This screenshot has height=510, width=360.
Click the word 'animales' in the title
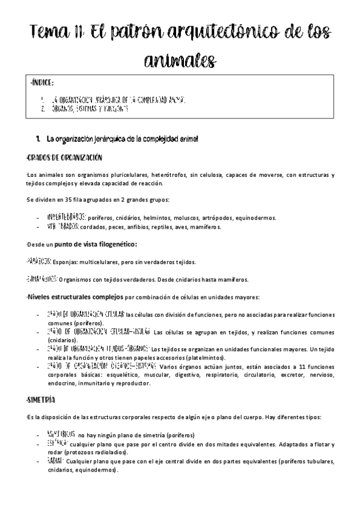(179, 60)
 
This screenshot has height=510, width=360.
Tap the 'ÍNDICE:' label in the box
(43, 82)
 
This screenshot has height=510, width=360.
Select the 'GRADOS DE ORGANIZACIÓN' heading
(64, 158)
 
